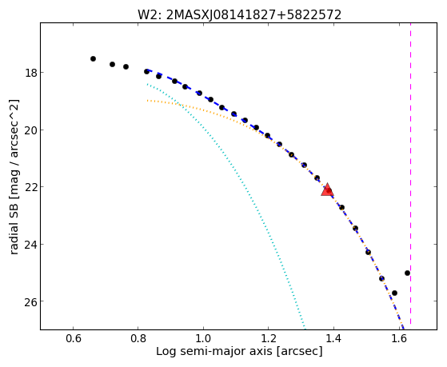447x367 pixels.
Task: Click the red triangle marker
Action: (x=327, y=190)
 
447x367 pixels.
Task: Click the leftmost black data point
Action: (x=93, y=58)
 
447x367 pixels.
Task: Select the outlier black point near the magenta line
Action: (x=407, y=273)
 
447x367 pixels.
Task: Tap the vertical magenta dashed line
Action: (x=410, y=174)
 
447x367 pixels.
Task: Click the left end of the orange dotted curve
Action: (x=147, y=101)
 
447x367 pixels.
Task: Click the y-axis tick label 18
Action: (x=30, y=73)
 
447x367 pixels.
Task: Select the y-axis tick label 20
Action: (x=30, y=130)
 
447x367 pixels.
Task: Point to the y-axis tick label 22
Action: (x=30, y=187)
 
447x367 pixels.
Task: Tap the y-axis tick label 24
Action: (x=30, y=245)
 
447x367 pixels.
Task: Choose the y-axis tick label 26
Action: (x=30, y=301)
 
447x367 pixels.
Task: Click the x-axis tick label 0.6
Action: (x=74, y=339)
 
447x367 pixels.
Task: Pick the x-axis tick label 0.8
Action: (x=138, y=339)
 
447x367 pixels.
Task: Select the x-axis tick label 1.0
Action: (x=203, y=339)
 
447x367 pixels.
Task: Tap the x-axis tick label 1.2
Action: (x=268, y=339)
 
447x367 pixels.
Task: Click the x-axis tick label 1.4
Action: (x=333, y=339)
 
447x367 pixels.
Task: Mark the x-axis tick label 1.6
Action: (x=398, y=339)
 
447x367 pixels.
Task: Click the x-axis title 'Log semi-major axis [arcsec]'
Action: (x=239, y=352)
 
